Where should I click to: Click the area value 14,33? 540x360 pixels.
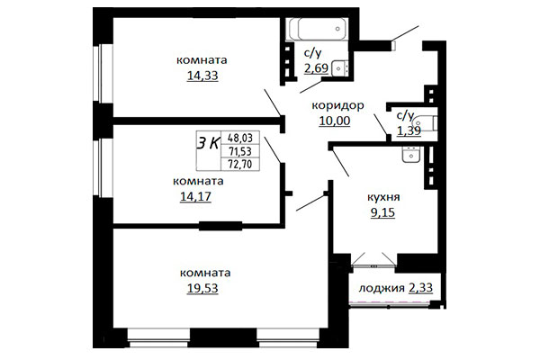[202, 76]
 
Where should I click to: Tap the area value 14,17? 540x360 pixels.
[195, 196]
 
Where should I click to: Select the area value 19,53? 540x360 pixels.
[202, 288]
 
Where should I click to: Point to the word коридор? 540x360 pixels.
[337, 105]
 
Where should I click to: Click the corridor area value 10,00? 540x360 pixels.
[335, 121]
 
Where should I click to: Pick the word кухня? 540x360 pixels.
[383, 197]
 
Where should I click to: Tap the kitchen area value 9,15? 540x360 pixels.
[382, 212]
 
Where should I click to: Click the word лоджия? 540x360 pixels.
[382, 288]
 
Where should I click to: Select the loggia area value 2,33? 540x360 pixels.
[420, 287]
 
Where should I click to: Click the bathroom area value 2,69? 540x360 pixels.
[316, 67]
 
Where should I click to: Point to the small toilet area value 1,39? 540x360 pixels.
[409, 130]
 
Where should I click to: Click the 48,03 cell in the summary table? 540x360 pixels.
[240, 138]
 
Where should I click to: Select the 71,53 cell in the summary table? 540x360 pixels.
[240, 151]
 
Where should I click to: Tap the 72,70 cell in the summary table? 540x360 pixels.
[240, 164]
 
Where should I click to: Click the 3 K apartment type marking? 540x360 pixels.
[208, 143]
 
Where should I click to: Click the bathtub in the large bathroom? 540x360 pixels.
[318, 30]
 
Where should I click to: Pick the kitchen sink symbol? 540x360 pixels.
[411, 154]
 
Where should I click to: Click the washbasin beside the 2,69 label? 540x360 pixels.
[339, 67]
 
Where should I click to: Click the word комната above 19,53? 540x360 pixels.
[205, 274]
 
